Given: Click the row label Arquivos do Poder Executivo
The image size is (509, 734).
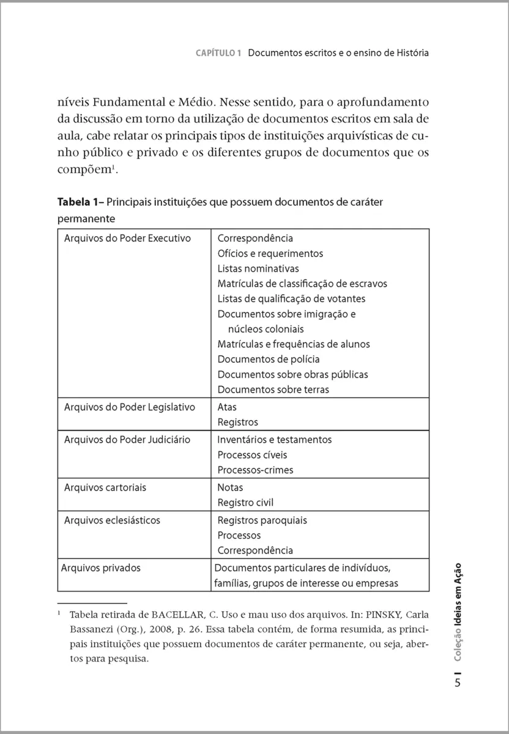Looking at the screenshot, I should click(x=127, y=239).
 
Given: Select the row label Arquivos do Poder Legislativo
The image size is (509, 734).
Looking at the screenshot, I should click(x=129, y=407).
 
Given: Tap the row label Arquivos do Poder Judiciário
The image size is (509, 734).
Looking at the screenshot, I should click(x=127, y=440).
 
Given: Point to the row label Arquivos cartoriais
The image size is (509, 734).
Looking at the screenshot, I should click(x=105, y=487).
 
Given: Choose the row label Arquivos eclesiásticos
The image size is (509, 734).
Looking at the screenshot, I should click(x=112, y=521).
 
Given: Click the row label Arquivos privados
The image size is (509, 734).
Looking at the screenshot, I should click(x=101, y=568).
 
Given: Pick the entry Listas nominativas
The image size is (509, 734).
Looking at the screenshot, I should click(x=258, y=269).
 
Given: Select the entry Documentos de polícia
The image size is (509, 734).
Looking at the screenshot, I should click(x=269, y=359).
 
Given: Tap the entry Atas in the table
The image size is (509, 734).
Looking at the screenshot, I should click(x=227, y=407).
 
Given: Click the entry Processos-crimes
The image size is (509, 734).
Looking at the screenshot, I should click(x=255, y=470).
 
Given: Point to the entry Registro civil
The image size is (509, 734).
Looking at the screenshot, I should click(x=245, y=503).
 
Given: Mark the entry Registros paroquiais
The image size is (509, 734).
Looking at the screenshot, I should click(x=262, y=521).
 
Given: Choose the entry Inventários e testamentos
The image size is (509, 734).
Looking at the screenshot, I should click(x=275, y=440).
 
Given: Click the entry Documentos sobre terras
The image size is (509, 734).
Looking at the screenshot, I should click(x=273, y=390).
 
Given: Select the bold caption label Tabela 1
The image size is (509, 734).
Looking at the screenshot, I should click(x=80, y=202).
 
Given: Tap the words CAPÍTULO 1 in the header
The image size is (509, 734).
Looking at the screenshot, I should click(x=219, y=53).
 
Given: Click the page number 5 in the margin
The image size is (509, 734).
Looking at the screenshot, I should click(x=458, y=683).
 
